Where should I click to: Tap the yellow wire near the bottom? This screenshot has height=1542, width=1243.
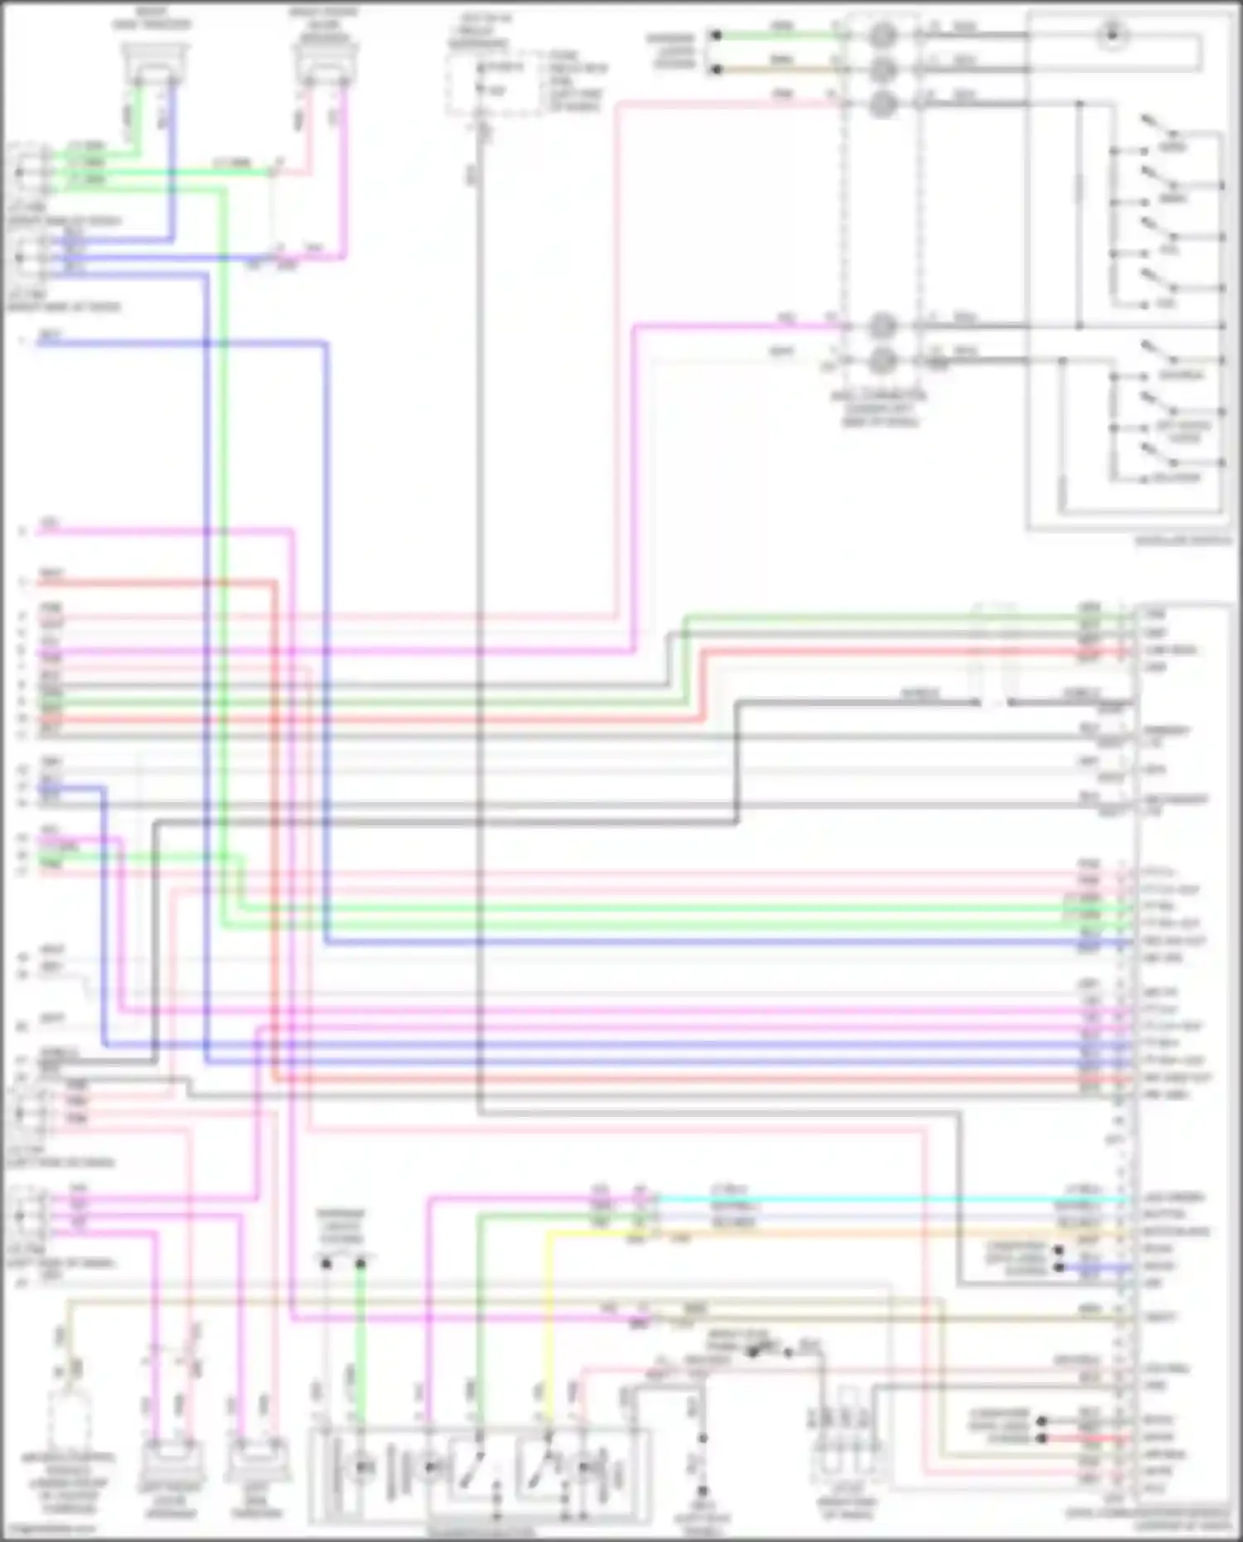548,1326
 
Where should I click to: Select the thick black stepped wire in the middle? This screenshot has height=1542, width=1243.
737,762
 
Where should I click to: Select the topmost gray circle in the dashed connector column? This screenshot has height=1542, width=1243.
883,35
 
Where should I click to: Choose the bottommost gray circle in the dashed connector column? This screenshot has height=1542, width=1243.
883,360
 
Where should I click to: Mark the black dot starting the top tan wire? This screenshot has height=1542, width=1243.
717,69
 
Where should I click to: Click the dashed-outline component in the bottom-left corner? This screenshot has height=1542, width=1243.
70,1425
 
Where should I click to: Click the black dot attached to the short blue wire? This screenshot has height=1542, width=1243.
1058,1268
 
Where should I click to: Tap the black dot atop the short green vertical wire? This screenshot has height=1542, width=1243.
360,1264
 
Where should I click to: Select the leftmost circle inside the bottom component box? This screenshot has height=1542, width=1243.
362,1467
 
